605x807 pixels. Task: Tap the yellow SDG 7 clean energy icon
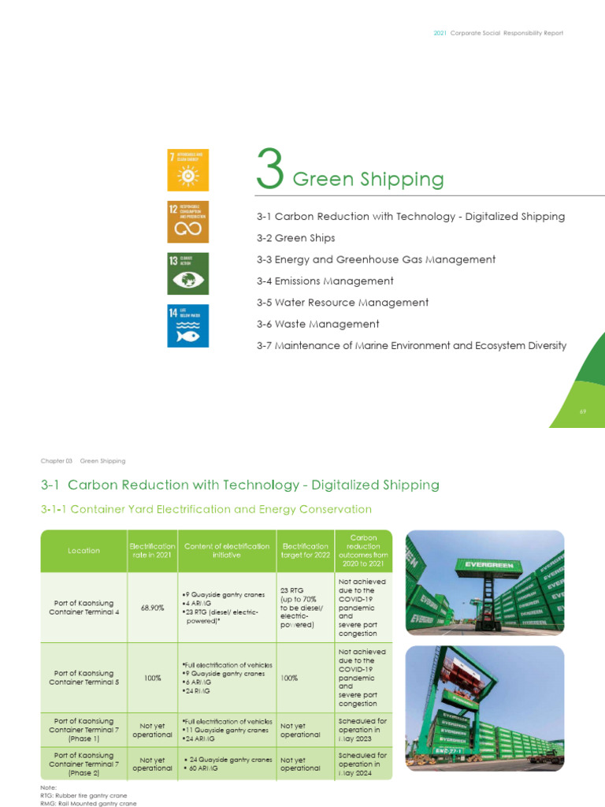tap(187, 169)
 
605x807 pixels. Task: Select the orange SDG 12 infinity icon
tap(187, 221)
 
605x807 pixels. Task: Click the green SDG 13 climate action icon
tap(187, 273)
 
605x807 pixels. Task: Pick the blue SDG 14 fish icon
tap(187, 325)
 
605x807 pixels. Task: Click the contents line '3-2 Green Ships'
tap(295, 238)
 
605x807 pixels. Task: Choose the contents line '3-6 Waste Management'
tap(317, 324)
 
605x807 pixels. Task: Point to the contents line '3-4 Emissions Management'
tap(325, 281)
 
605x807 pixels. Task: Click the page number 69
tap(584, 411)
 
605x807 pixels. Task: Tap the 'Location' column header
tap(84, 551)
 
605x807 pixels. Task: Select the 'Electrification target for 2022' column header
tap(305, 551)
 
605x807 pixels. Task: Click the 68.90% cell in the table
tap(151, 608)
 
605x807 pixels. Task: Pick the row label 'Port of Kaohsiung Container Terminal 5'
tap(84, 678)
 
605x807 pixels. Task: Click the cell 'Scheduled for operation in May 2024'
tap(362, 764)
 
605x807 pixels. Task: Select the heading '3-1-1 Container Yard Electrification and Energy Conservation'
tap(206, 510)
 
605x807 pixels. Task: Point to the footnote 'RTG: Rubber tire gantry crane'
tap(83, 795)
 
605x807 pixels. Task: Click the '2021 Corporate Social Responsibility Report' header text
tap(499, 33)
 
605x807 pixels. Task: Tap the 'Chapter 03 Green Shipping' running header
tap(83, 461)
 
